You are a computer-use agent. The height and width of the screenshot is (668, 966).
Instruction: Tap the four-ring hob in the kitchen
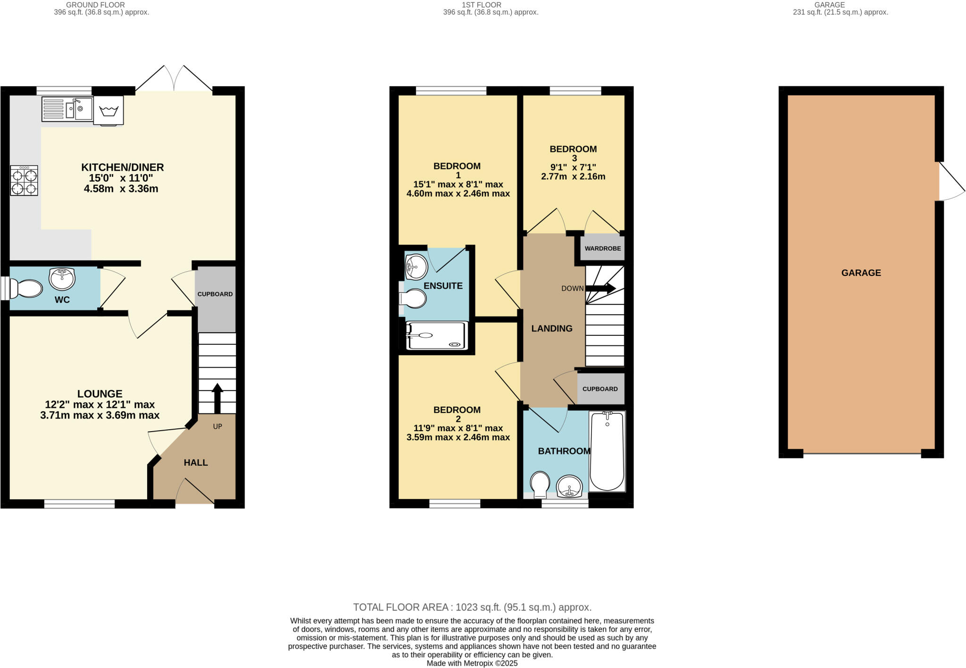[24, 181]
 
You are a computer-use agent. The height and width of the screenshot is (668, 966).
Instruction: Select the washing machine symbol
[108, 110]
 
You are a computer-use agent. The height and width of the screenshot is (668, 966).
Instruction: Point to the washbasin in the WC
[62, 279]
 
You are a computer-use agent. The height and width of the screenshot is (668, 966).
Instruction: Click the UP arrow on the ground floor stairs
[217, 398]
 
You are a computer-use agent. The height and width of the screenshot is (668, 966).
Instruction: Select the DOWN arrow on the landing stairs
[600, 288]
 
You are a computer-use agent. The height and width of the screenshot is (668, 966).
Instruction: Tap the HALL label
[196, 463]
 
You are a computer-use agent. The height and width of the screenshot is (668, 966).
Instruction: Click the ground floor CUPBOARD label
[215, 294]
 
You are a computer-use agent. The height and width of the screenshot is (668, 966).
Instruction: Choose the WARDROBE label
[603, 249]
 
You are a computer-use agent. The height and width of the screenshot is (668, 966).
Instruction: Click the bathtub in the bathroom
[607, 451]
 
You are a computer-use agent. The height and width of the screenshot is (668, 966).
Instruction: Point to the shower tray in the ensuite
[437, 336]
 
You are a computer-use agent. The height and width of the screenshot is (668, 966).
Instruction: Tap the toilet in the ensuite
[412, 299]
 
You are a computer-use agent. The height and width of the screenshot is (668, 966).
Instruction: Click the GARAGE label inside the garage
[861, 273]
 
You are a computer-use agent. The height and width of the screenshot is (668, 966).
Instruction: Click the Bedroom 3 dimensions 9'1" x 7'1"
[573, 167]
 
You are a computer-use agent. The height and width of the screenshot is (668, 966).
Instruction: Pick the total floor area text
[472, 607]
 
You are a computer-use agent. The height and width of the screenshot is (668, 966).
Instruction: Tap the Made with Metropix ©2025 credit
[472, 663]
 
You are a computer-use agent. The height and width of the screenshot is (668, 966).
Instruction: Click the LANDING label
[552, 329]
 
